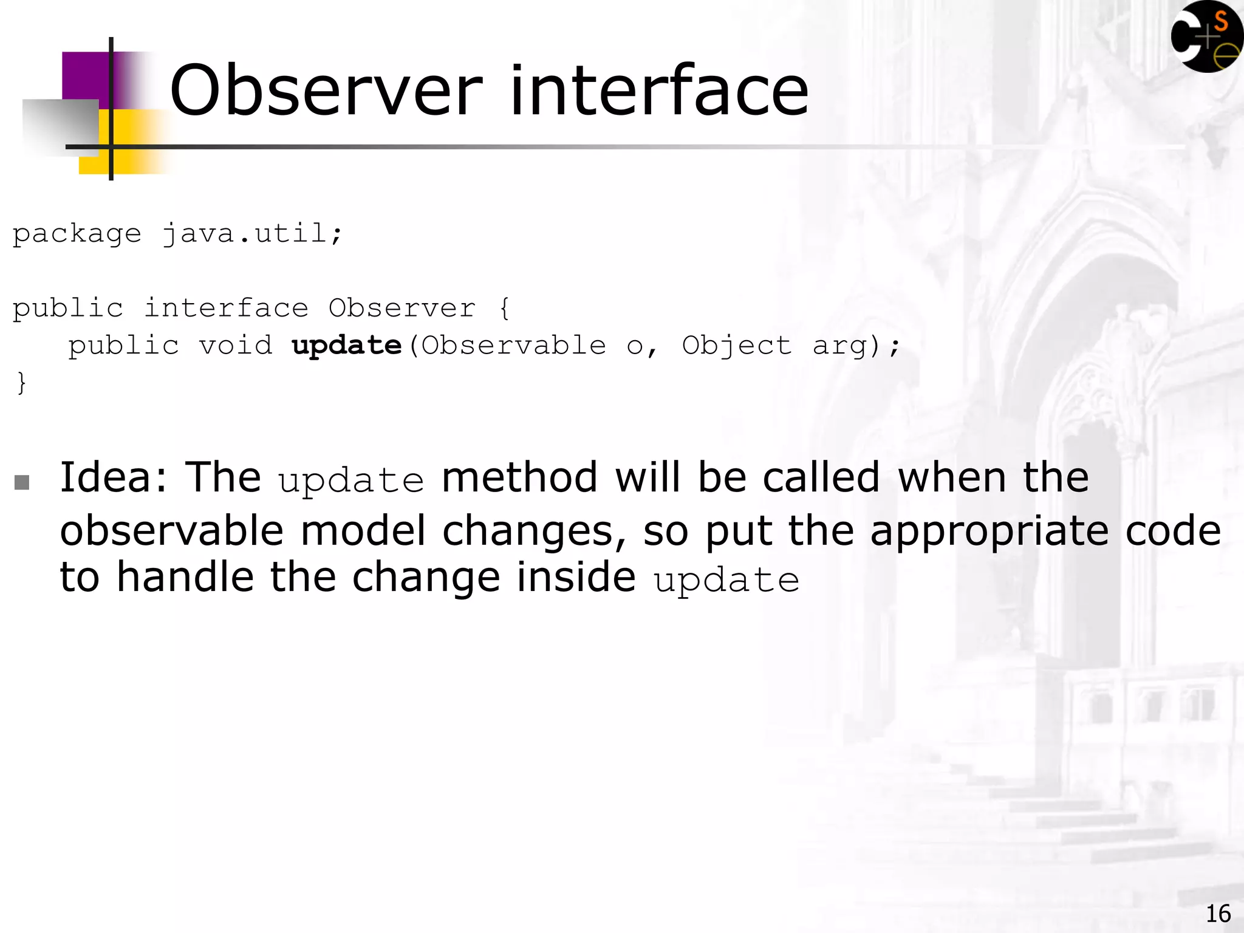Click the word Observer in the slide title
326,91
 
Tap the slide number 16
1217,914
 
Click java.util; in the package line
253,234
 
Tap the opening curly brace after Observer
504,309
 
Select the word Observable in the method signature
513,346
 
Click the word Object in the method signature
736,346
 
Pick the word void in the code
236,346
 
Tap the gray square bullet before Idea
22,482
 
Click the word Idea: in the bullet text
114,477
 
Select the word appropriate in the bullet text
989,531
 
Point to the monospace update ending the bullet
726,580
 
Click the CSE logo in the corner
1206,36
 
